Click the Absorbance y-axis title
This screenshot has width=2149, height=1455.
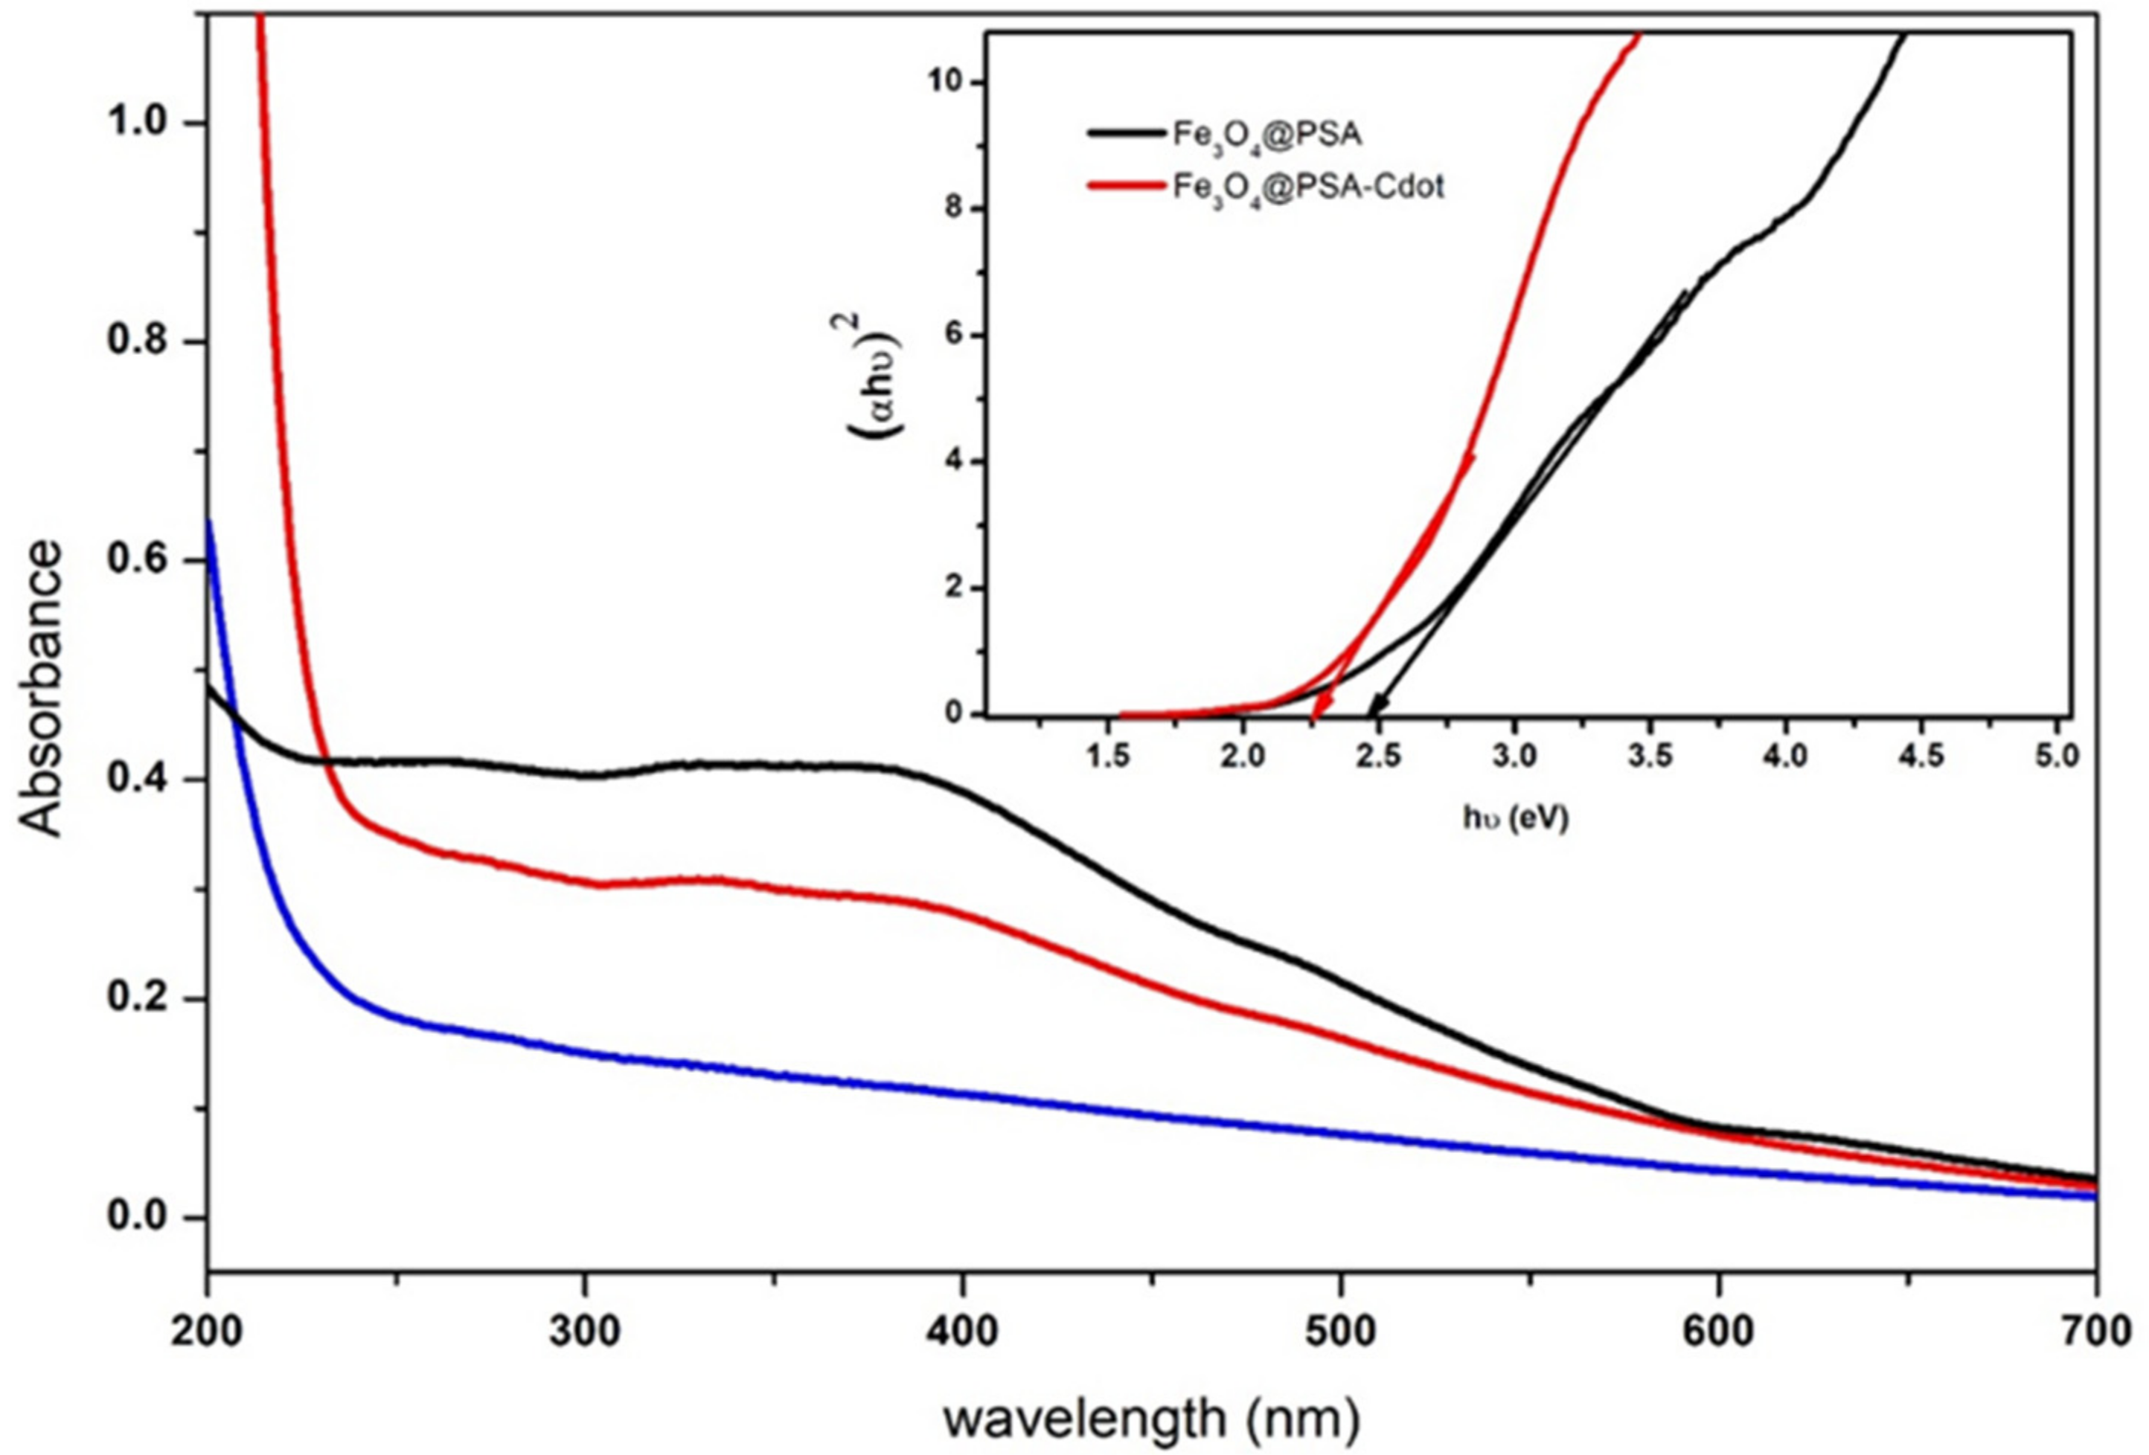tap(42, 688)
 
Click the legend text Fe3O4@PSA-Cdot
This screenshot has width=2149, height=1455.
tap(1307, 187)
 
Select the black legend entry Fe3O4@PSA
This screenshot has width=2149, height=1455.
tap(1266, 135)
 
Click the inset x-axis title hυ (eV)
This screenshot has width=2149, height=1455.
tap(1516, 818)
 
